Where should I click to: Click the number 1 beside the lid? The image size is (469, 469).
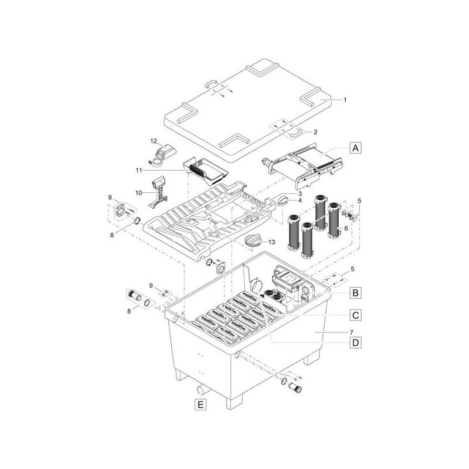point(345,100)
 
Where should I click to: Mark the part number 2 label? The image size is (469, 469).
point(315,132)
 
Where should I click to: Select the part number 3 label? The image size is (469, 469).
point(299,193)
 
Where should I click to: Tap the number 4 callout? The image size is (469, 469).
point(299,200)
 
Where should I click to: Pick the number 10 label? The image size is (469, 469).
point(140,192)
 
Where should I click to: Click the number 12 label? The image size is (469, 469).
point(154,142)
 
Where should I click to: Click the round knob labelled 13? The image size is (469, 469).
point(253,241)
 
